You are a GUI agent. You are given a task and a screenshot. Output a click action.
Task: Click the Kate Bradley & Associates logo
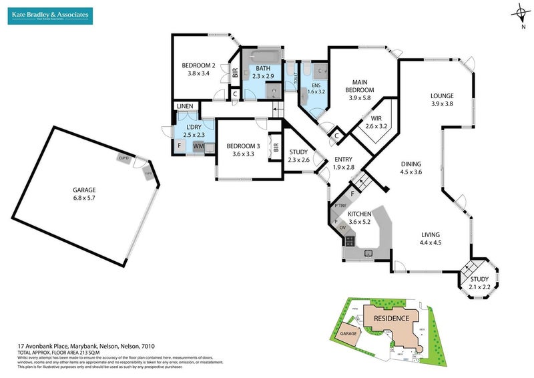[x=51, y=16]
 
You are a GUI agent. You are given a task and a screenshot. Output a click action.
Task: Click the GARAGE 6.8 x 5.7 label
[x=85, y=194]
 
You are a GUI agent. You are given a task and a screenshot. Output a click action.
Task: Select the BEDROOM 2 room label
[x=198, y=69]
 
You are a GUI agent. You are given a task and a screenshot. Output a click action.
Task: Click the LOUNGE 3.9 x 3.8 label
[x=442, y=100]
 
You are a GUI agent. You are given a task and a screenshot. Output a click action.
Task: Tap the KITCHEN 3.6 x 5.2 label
[x=359, y=218]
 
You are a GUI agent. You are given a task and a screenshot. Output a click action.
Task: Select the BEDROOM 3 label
[x=242, y=150]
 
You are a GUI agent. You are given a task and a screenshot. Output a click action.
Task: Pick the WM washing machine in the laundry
[x=198, y=146]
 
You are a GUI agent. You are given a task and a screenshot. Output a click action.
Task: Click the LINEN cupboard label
[x=184, y=107]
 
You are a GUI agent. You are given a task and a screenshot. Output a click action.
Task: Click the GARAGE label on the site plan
[x=348, y=333]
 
